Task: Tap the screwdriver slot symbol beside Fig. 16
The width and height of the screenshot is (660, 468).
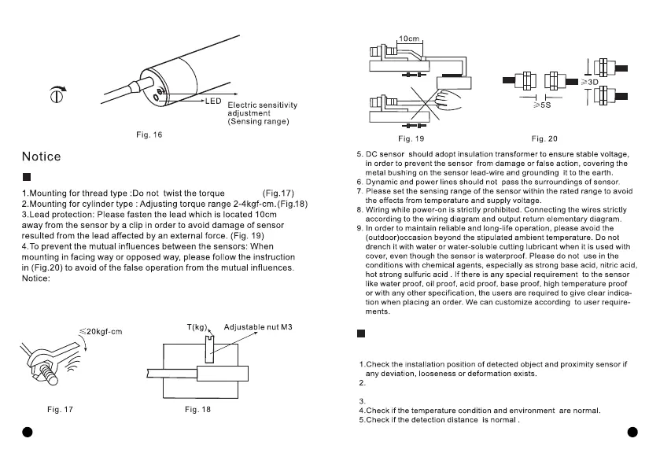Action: (x=56, y=96)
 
